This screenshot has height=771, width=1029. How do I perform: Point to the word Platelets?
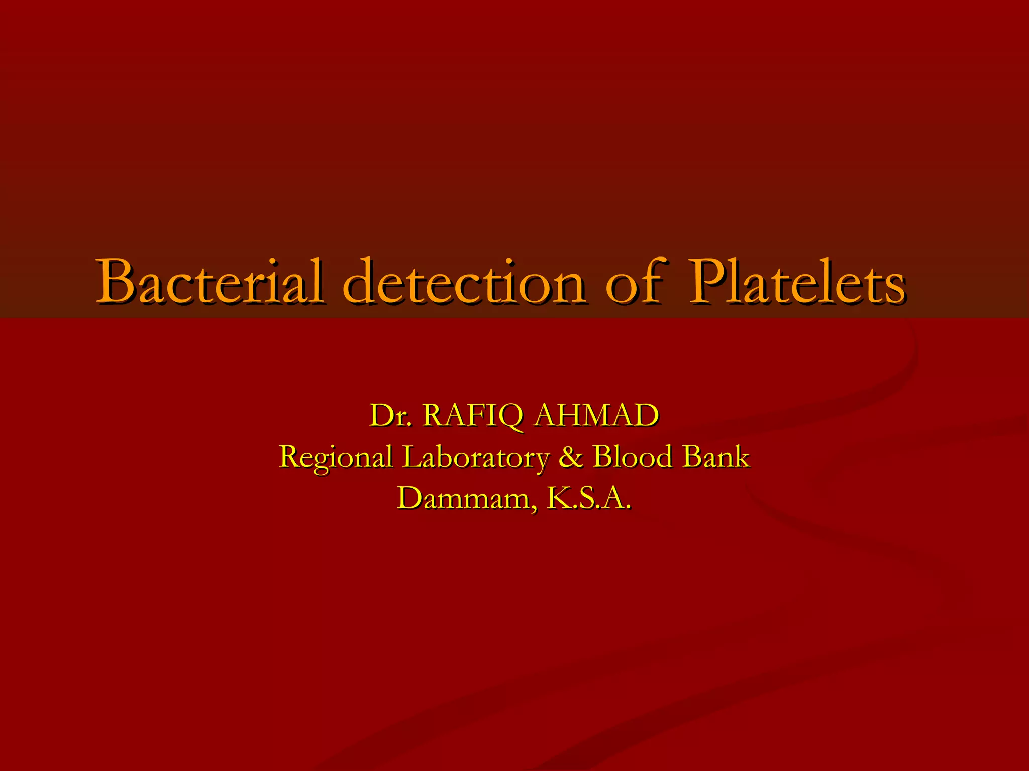797,282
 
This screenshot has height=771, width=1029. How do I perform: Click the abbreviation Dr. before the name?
391,416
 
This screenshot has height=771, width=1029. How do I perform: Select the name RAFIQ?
472,416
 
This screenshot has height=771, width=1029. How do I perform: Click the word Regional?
336,457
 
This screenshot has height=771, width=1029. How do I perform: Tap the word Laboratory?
475,457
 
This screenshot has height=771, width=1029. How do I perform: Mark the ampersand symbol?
570,457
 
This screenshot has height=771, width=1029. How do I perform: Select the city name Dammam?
462,498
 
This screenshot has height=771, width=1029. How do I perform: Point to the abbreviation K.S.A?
588,498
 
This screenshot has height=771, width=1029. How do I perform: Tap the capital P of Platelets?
708,282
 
